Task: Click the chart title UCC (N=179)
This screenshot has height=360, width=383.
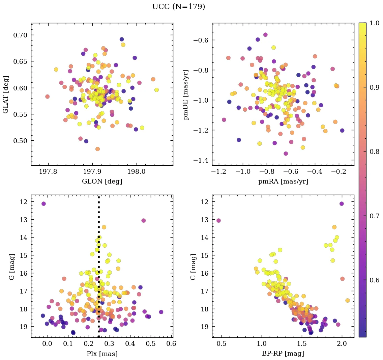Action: (x=178, y=7)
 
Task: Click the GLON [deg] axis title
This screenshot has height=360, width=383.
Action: (x=102, y=182)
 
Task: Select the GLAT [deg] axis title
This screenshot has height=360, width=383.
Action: (x=6, y=94)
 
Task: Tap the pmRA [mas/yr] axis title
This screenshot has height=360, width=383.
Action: (x=283, y=182)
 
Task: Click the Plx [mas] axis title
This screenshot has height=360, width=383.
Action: (x=102, y=354)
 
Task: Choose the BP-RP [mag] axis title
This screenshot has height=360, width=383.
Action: (x=283, y=354)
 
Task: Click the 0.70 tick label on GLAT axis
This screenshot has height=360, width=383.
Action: (x=20, y=35)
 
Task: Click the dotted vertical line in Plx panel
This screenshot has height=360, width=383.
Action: (x=98, y=270)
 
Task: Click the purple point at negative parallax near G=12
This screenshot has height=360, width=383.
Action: (x=43, y=203)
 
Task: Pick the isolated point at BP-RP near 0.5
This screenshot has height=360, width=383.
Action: (x=218, y=220)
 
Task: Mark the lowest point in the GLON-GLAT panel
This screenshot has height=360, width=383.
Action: (x=97, y=149)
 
